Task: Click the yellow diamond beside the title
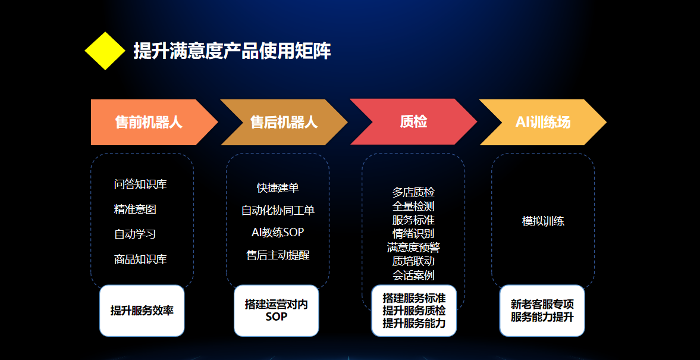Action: (105, 51)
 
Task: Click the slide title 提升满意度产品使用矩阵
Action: (232, 51)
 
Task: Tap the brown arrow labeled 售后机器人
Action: (284, 123)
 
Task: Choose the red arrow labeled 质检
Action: (413, 121)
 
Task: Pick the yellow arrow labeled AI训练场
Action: (543, 123)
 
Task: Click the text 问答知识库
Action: (140, 184)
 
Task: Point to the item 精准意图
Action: (135, 209)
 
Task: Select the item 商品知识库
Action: (140, 259)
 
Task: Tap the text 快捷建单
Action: (278, 187)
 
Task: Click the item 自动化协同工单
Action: (278, 210)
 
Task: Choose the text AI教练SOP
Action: (278, 232)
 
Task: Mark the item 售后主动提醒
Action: (278, 255)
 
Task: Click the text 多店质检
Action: (413, 193)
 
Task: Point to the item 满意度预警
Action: (413, 248)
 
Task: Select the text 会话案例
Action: (413, 275)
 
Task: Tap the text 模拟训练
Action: (543, 221)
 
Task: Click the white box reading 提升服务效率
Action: (142, 311)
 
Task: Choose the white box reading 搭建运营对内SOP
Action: (277, 311)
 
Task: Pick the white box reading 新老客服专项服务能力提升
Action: (542, 311)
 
